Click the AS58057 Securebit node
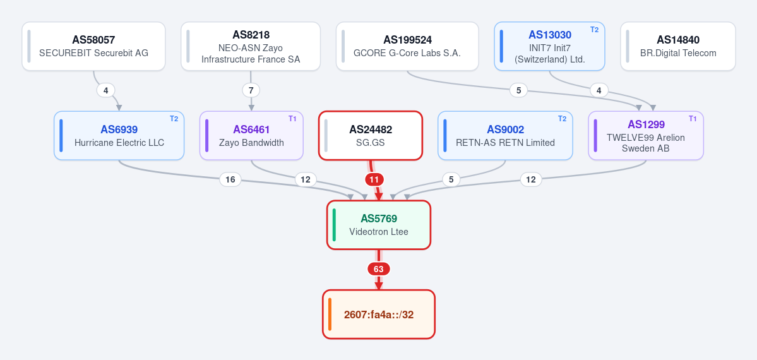tap(93, 46)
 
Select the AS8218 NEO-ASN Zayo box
tap(251, 46)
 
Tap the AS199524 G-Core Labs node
tap(407, 46)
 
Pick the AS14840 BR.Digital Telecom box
tap(678, 46)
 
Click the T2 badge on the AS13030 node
tap(594, 30)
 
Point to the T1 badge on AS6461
tap(292, 119)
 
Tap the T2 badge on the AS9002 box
tap(562, 119)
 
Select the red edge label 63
tap(379, 269)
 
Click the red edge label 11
tap(374, 180)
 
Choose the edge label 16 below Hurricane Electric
tap(230, 180)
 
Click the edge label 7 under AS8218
tap(251, 90)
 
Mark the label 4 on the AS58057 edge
tap(105, 90)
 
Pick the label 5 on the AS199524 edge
tap(518, 90)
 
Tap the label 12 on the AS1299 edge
tap(530, 180)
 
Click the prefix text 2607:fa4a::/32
tap(379, 315)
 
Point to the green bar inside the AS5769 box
tap(334, 225)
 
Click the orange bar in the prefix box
tap(330, 315)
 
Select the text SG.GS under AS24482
tap(371, 143)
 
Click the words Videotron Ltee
tap(379, 232)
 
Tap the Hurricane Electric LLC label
tap(119, 143)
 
